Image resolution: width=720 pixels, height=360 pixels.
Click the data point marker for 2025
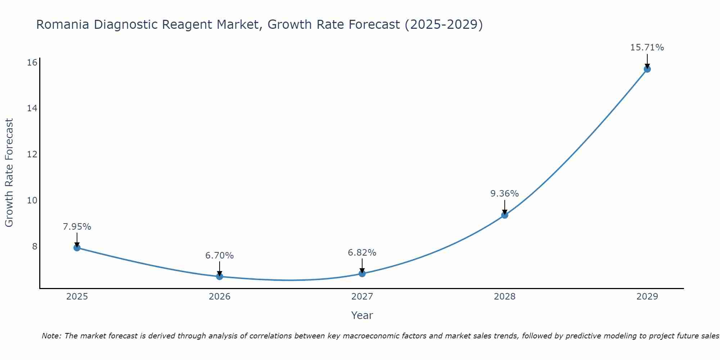tap(77, 248)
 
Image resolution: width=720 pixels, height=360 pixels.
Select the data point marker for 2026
tap(220, 276)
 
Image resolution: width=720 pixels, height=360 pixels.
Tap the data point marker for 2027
tap(362, 274)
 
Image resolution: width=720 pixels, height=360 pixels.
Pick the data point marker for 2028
tap(505, 215)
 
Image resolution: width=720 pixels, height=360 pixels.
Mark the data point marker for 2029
tap(647, 69)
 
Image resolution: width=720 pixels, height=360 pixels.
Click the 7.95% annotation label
tap(77, 227)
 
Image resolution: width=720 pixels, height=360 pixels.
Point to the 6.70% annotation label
tap(220, 256)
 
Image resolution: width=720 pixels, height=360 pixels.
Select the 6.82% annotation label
tap(362, 253)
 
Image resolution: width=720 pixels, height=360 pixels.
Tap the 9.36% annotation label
tap(505, 194)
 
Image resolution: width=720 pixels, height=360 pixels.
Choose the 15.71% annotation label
tap(647, 48)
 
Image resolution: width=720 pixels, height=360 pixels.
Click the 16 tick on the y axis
tap(32, 63)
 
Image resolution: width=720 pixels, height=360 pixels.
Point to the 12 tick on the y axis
tap(32, 154)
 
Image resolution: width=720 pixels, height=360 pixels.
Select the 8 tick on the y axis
tap(35, 246)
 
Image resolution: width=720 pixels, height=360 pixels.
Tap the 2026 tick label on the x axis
tap(220, 297)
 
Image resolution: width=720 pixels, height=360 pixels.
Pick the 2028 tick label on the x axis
tap(505, 297)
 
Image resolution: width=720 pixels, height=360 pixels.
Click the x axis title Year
tap(362, 315)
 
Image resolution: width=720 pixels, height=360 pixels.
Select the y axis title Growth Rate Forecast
tap(9, 173)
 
